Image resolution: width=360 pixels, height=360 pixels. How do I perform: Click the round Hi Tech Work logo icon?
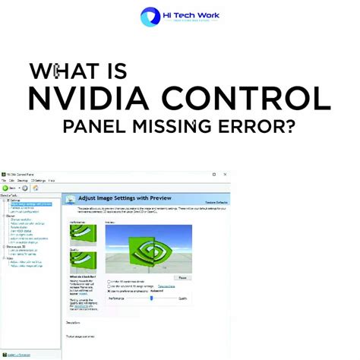tap(150, 17)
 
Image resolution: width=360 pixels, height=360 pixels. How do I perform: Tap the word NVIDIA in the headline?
tap(97, 99)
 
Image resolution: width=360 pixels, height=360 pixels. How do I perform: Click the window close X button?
tap(225, 174)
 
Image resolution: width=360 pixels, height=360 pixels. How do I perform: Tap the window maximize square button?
tap(214, 174)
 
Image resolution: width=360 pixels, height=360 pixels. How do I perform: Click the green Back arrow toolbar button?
tap(6, 188)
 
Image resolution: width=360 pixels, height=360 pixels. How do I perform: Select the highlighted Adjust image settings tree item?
tap(31, 204)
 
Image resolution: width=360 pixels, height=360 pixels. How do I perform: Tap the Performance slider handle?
tap(152, 298)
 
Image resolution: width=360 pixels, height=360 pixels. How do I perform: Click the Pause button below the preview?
tap(182, 278)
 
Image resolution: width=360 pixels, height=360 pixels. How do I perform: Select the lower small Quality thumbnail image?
tap(83, 262)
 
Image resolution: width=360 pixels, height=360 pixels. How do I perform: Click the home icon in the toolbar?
tap(35, 188)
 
